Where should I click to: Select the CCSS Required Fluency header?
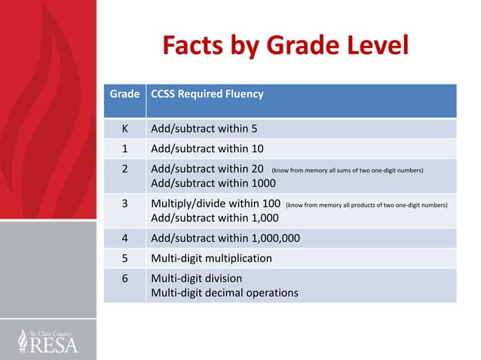(x=207, y=95)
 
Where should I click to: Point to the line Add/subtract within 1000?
(x=213, y=184)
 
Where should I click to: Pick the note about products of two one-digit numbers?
(x=366, y=205)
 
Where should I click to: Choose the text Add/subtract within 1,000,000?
(x=225, y=238)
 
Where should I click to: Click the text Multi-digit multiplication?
(x=212, y=258)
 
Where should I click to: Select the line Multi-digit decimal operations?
(x=225, y=292)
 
